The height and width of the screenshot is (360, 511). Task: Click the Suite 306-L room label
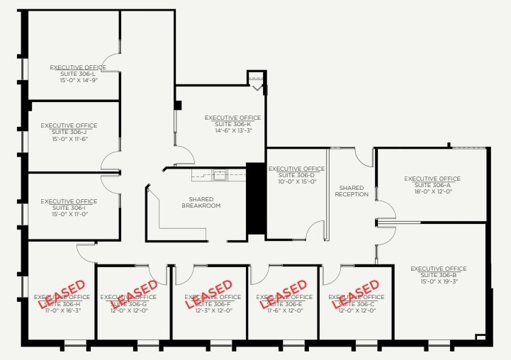click(78, 74)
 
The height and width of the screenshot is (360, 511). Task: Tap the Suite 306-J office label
click(69, 132)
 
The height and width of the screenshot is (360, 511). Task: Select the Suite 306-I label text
click(69, 208)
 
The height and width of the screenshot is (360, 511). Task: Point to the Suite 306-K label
click(232, 124)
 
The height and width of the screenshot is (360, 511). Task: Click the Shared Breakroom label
click(201, 203)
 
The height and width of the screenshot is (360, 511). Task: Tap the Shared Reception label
click(352, 191)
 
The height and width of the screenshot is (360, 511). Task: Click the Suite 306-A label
click(432, 185)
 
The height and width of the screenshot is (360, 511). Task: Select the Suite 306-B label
click(439, 275)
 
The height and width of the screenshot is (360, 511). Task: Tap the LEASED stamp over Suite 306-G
click(134, 294)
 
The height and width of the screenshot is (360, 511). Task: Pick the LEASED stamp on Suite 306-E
click(284, 294)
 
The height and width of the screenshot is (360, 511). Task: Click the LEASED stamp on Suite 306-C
click(356, 294)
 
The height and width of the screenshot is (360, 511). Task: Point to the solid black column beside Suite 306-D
click(255, 198)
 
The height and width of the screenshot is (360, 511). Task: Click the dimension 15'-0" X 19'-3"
click(439, 281)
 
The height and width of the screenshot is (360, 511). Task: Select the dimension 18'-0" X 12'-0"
click(432, 191)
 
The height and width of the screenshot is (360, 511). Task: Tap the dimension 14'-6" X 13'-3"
click(233, 130)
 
